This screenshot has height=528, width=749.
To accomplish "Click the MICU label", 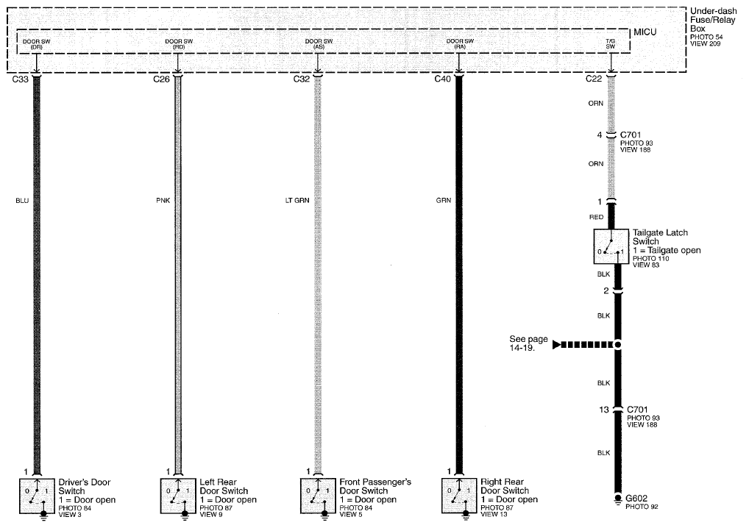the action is [645, 32].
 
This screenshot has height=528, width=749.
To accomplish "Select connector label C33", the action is [21, 79].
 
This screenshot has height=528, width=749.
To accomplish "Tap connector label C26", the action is [161, 79].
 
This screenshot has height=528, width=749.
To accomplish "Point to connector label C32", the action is [302, 79].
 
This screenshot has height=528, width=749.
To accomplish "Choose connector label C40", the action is [442, 79].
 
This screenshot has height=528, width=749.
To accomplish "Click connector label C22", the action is [594, 79].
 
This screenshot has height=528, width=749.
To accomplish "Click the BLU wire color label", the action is [23, 201].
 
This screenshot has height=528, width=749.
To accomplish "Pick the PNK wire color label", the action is [163, 201].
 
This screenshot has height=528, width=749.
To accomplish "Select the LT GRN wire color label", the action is [297, 201].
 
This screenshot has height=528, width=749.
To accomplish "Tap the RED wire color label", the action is [596, 217].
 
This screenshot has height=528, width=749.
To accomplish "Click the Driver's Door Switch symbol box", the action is [38, 496].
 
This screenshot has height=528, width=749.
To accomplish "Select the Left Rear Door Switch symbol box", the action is [178, 496].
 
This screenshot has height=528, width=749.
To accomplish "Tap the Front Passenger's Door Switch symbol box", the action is [318, 496].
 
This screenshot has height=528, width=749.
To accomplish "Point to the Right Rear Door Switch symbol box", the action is [459, 496].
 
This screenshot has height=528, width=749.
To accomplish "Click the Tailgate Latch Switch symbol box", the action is [611, 246].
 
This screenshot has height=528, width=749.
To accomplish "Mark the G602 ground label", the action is [636, 499].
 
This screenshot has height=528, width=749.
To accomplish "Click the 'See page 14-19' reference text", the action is [528, 343].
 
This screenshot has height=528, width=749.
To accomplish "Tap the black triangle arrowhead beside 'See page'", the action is [556, 344].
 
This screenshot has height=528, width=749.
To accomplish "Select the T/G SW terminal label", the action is [611, 44].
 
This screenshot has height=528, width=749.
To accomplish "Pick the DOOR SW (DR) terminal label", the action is [36, 44].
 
